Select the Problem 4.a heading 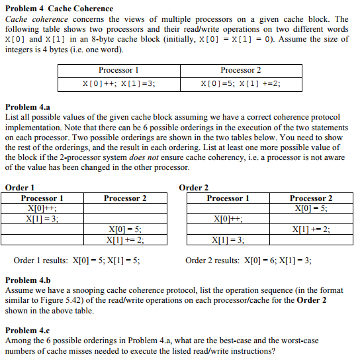[28, 107]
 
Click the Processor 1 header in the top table [118, 70]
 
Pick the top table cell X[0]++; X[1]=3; [118, 84]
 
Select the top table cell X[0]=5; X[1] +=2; [240, 84]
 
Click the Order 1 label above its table [20, 188]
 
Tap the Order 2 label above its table [194, 188]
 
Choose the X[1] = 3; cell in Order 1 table [42, 219]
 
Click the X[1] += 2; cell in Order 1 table [125, 240]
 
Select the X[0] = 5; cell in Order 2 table [312, 208]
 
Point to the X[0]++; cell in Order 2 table [228, 219]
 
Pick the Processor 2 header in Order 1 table [125, 198]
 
